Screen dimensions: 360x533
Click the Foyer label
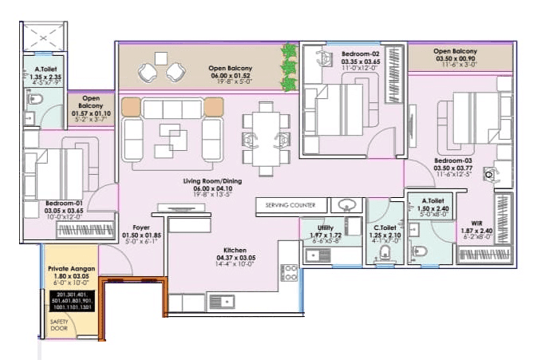coord(142,227)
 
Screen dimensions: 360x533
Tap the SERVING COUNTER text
coord(290,205)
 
